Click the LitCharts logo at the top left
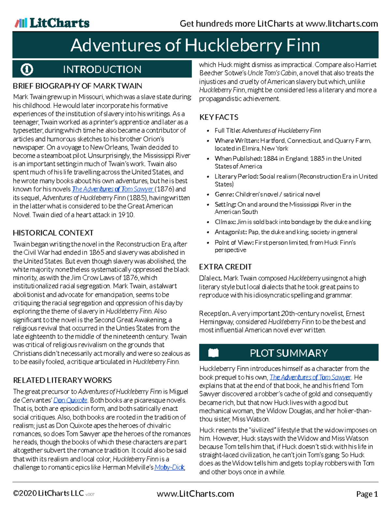click(x=52, y=23)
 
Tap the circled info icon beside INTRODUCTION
click(x=27, y=69)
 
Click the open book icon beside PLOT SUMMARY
click(x=213, y=353)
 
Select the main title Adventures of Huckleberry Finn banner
click(x=195, y=45)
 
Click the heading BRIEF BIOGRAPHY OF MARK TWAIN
click(x=77, y=86)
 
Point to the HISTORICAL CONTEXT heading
click(x=53, y=233)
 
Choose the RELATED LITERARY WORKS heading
click(x=62, y=380)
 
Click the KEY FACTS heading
click(x=219, y=117)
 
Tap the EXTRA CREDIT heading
click(x=225, y=267)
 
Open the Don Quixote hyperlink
click(x=70, y=400)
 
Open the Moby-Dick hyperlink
click(x=169, y=468)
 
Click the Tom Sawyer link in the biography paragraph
click(x=113, y=189)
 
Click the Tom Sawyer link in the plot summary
click(x=310, y=377)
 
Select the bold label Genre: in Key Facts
click(x=224, y=194)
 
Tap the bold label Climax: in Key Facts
click(x=225, y=222)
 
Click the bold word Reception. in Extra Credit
click(x=215, y=314)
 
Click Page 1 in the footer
click(x=367, y=494)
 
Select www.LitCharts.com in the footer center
click(x=195, y=494)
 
